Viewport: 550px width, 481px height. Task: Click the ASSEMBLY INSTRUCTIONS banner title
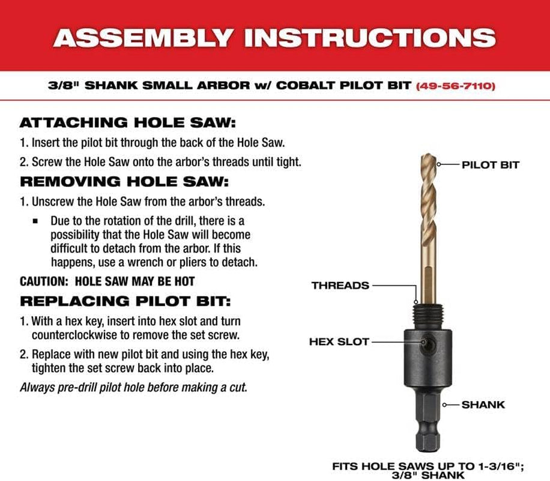coord(274,37)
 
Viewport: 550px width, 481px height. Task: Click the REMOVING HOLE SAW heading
coord(124,181)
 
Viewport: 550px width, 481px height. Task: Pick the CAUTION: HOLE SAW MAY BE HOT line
coord(107,281)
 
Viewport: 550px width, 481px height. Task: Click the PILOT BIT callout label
coord(490,164)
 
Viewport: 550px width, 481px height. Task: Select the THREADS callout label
coord(340,286)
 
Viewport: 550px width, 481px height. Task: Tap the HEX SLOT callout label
coord(339,342)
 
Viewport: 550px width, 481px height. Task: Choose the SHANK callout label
coord(483,405)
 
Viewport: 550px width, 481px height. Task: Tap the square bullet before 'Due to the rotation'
coord(36,221)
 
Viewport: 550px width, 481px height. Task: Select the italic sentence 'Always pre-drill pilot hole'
coord(133,387)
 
